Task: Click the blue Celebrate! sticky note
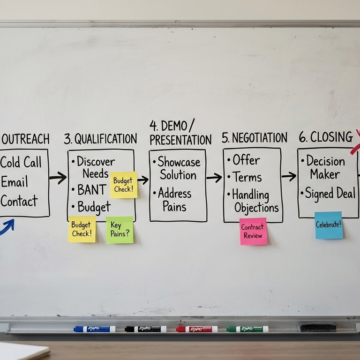pos(329,225)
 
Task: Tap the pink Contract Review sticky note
pos(253,231)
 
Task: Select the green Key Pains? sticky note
pos(120,230)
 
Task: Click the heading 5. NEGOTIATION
pos(254,138)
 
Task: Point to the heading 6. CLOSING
pos(326,137)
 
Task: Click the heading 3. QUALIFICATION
pos(100,139)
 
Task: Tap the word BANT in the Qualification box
pos(92,190)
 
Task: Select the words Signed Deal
pos(330,194)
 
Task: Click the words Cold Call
pos(21,163)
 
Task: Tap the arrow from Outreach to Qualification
pos(58,178)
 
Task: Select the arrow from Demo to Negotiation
pos(214,178)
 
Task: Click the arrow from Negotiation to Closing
pos(289,176)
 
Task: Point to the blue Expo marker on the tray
pos(94,329)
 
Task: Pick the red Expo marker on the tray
pos(196,329)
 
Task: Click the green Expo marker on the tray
pos(247,329)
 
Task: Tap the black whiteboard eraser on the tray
pos(318,327)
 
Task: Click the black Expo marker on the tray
pos(145,329)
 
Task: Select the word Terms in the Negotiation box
pos(247,177)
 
